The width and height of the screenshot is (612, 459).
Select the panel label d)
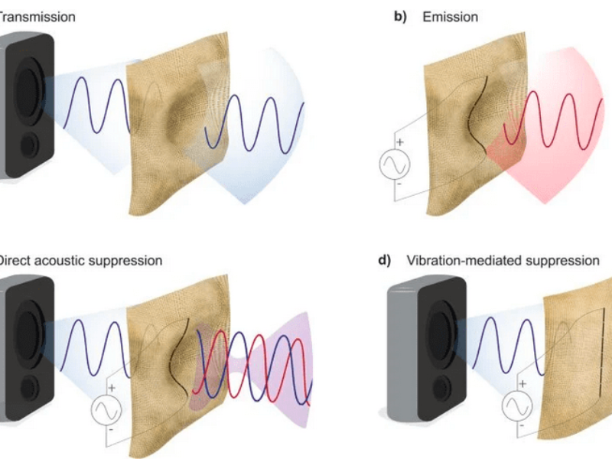385,260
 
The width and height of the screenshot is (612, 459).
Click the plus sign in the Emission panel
399,143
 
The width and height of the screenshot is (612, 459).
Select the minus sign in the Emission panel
399,184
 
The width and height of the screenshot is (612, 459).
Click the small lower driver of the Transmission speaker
28,145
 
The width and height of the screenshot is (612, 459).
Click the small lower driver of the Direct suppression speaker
29,387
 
